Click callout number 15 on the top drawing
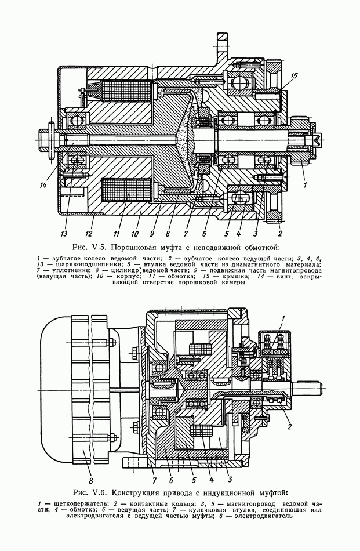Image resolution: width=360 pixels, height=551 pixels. pos(293,75)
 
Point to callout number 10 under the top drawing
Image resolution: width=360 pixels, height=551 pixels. pos(135,233)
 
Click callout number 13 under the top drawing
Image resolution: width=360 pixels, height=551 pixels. pos(64,233)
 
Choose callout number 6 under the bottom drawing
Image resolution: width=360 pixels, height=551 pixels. pos(170,479)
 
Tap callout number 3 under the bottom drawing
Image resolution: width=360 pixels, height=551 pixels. pos(230,479)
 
